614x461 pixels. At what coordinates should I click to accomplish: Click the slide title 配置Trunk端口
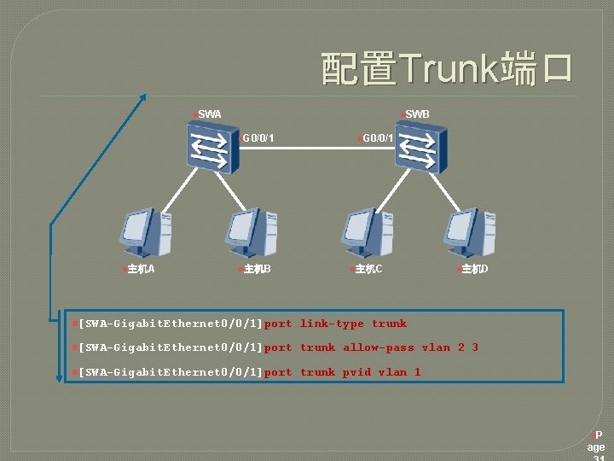[x=446, y=68]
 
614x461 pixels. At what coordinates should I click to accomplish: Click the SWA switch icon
[x=209, y=147]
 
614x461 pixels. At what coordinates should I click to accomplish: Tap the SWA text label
[x=209, y=114]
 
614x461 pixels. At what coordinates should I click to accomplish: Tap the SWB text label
[x=417, y=114]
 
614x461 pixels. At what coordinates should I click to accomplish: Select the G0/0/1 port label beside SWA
[x=258, y=137]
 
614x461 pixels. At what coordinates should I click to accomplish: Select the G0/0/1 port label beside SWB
[x=376, y=137]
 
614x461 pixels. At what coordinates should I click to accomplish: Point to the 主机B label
[x=257, y=270]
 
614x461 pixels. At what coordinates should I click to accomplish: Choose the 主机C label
[x=368, y=270]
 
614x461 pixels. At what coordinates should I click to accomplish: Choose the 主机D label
[x=473, y=270]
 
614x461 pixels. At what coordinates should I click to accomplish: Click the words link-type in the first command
[x=332, y=324]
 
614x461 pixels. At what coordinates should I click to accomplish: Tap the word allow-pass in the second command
[x=379, y=347]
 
